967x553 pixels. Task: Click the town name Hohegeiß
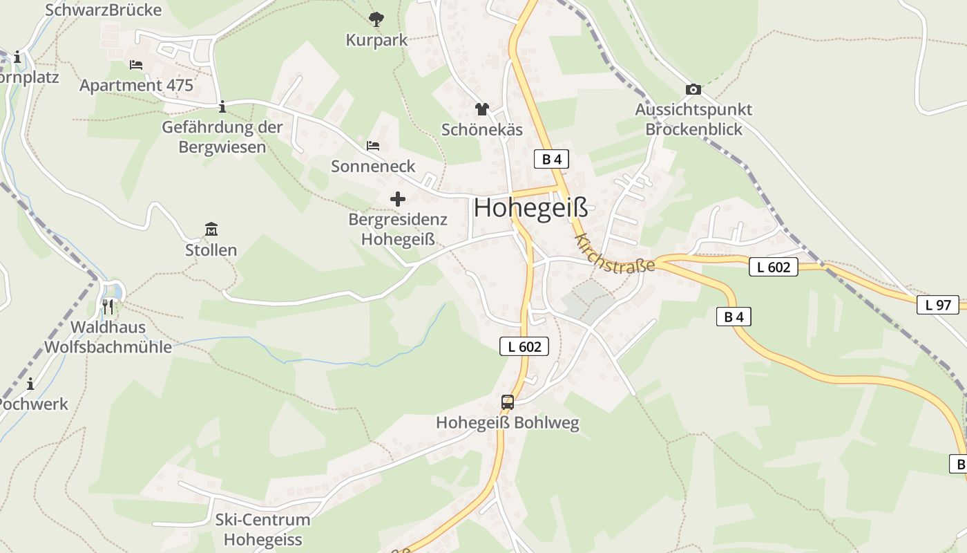[x=531, y=208]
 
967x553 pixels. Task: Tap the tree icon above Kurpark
[x=376, y=19]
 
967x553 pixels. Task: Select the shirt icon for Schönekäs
[x=482, y=109]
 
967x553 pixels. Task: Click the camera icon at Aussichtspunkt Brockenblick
[x=693, y=89]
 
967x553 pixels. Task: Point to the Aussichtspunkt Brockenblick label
[x=693, y=120]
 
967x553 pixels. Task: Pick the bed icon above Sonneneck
[x=373, y=146]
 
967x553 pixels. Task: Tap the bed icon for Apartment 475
[x=136, y=65]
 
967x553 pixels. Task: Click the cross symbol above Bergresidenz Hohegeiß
[x=398, y=199]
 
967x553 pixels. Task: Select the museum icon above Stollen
[x=211, y=229]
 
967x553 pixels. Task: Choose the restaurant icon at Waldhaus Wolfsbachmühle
[x=108, y=306]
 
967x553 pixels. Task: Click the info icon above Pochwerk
[x=30, y=384]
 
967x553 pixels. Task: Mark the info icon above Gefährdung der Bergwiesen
[x=222, y=106]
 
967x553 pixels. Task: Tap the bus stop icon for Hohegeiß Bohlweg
[x=508, y=402]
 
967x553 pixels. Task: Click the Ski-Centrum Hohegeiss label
[x=262, y=529]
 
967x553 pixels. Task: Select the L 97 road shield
[x=937, y=304]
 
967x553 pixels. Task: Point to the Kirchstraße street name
[x=613, y=254]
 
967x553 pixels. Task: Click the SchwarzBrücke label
[x=103, y=10]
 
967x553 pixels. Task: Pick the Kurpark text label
[x=377, y=40]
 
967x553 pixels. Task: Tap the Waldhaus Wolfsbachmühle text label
[x=108, y=337]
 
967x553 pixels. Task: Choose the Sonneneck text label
[x=373, y=166]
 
